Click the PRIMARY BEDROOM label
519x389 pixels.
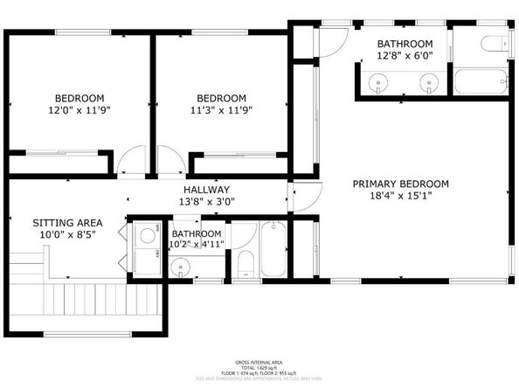pos(400,184)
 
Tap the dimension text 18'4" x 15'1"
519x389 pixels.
pos(400,198)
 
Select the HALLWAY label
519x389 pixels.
pos(206,190)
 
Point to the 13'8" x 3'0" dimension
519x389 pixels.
pos(206,202)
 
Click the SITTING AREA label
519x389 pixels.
pos(56,222)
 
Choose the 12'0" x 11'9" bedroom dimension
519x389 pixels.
pos(80,111)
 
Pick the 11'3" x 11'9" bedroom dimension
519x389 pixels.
pos(221,111)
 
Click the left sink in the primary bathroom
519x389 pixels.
pos(378,83)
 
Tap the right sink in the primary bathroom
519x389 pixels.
pos(427,83)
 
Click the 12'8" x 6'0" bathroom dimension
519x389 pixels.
pos(405,57)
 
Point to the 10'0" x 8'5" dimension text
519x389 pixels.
pos(56,235)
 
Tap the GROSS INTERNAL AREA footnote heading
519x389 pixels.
pos(259,360)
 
